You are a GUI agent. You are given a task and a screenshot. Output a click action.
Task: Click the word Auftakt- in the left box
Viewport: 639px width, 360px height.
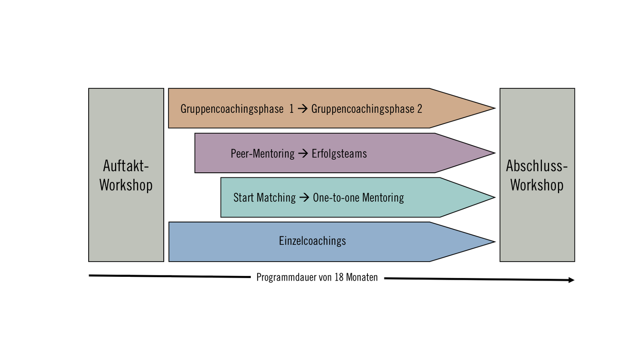[126, 166]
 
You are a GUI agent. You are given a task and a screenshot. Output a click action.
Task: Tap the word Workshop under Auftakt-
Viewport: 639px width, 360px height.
[126, 185]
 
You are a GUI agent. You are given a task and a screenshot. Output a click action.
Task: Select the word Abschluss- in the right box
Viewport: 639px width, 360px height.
[537, 166]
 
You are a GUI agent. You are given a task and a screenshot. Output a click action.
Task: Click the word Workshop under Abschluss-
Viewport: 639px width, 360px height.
[537, 185]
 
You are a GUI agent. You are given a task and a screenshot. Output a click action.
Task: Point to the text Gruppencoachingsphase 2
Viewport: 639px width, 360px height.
[367, 109]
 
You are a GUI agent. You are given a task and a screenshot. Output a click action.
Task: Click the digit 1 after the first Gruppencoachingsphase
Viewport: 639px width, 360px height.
[291, 109]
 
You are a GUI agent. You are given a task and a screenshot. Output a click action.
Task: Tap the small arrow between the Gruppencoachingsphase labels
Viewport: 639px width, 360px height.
[303, 109]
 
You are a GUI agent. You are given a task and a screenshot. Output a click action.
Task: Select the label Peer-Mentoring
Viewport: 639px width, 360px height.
[262, 154]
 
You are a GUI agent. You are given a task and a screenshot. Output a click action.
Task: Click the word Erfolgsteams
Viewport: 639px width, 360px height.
[339, 154]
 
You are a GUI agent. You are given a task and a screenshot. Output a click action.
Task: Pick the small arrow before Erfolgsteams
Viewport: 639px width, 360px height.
[303, 154]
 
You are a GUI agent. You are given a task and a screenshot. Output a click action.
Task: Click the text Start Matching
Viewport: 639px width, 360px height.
[264, 198]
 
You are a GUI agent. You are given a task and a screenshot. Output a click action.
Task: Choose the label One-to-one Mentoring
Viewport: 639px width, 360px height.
[358, 198]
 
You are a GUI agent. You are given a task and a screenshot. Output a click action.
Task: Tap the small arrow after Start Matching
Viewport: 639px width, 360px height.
[304, 198]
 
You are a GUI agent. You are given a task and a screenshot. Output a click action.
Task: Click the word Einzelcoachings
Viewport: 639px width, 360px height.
[312, 241]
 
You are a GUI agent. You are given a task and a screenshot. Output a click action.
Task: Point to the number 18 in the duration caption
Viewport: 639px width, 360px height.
[339, 278]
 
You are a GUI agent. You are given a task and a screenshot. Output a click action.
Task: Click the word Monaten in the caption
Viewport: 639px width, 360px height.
[362, 278]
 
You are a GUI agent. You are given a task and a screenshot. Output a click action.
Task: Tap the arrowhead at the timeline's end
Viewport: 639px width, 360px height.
[571, 280]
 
